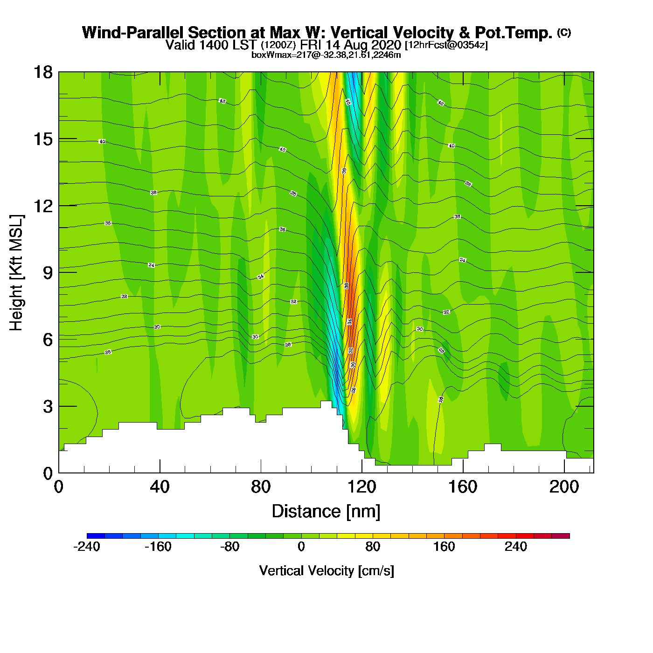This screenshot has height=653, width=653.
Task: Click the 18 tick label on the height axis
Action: (x=43, y=72)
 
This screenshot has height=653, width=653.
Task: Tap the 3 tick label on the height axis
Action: (x=48, y=407)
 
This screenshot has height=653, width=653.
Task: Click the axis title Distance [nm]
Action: (x=326, y=512)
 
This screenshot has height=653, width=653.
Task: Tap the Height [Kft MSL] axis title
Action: (x=16, y=273)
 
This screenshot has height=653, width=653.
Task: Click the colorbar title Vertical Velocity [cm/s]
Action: (x=326, y=571)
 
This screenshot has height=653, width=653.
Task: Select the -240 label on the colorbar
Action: (x=87, y=547)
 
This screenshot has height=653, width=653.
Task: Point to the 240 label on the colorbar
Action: (x=515, y=547)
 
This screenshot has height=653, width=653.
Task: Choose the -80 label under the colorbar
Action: (x=229, y=547)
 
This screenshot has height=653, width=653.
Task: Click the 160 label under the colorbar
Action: (x=444, y=547)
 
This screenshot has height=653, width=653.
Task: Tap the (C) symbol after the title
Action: (x=563, y=32)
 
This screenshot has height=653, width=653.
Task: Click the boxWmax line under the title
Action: (x=326, y=55)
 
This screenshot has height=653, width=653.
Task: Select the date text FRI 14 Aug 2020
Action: (x=350, y=45)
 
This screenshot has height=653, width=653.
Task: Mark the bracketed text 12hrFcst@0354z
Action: (x=446, y=45)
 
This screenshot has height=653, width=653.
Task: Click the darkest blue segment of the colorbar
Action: (x=96, y=536)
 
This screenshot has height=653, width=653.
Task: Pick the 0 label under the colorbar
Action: (x=301, y=547)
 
